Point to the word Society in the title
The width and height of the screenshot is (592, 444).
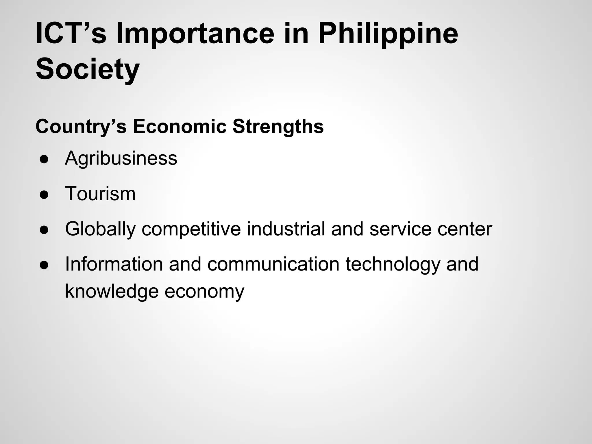coord(88,69)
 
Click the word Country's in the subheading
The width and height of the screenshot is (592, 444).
coord(81,127)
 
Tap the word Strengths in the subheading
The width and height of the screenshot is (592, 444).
coord(278,127)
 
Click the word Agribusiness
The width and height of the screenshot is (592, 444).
coord(121,159)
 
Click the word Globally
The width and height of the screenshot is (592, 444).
coord(100,230)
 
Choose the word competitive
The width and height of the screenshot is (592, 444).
coord(191,230)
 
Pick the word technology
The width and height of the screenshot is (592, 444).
coord(393,265)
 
